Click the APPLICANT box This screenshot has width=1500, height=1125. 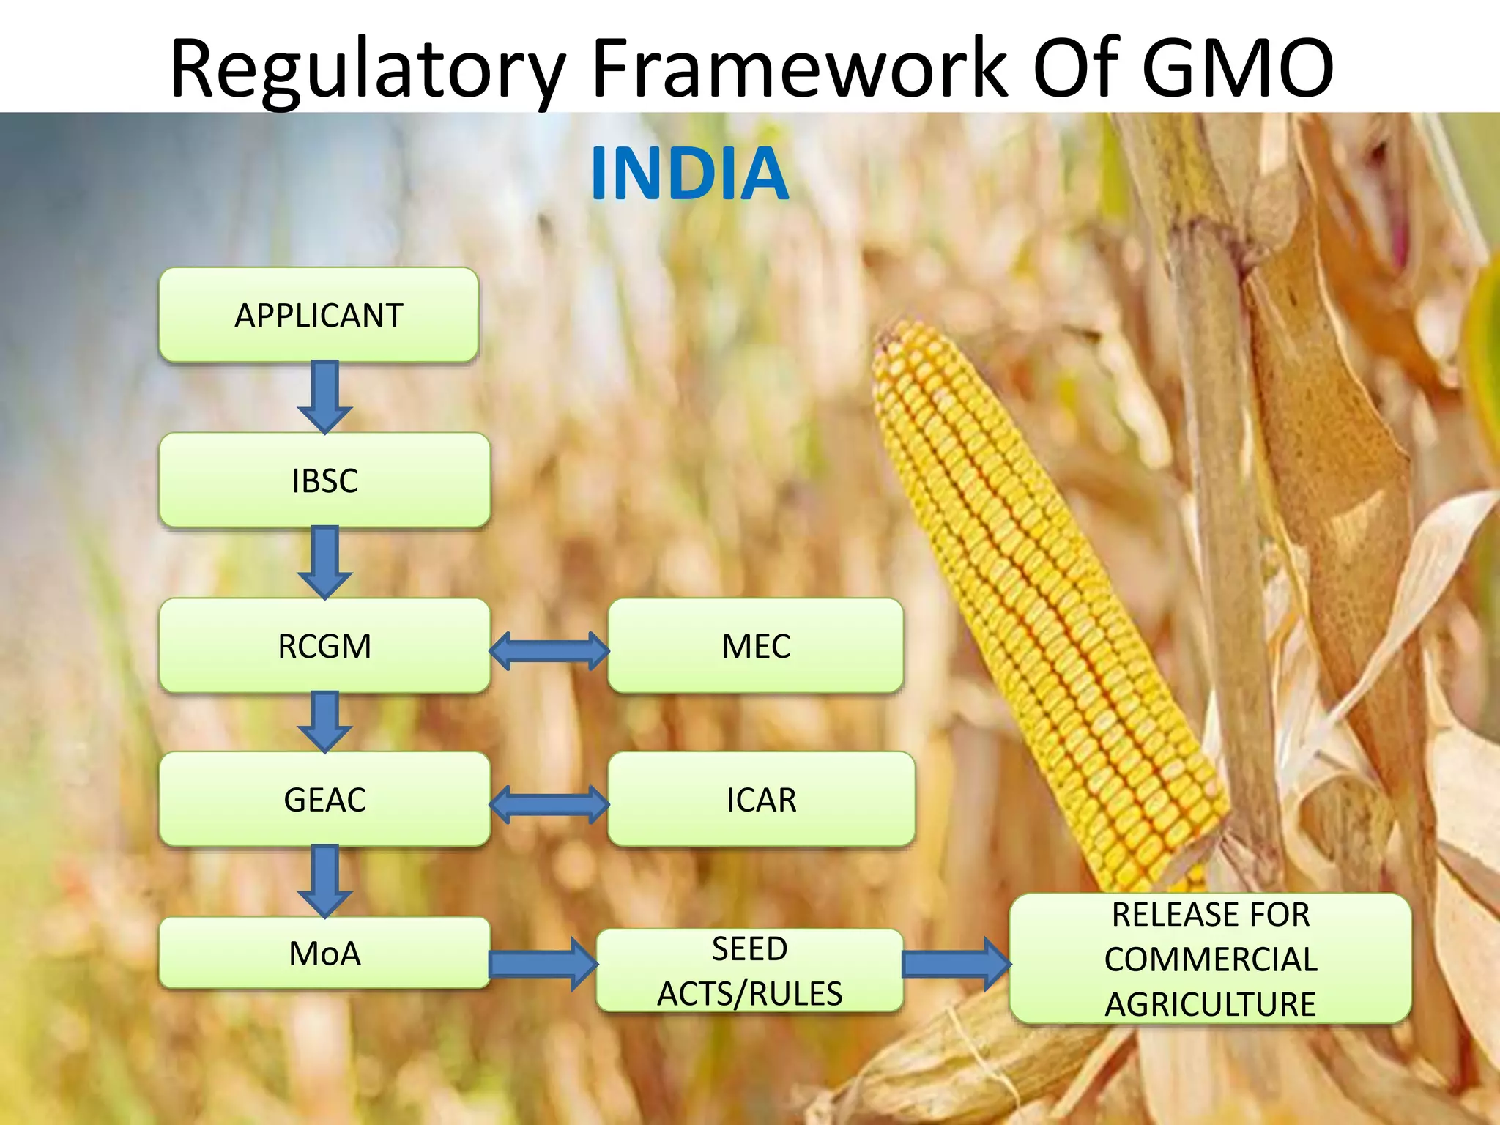point(319,315)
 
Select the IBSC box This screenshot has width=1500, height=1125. point(324,480)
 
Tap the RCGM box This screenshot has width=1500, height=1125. point(324,646)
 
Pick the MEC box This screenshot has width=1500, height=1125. point(755,646)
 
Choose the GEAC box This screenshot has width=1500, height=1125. point(324,799)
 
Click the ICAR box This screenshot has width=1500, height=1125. point(761,799)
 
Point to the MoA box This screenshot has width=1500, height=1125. point(324,953)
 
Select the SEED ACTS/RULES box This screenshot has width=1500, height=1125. point(749,971)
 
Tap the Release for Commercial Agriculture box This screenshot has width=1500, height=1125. point(1210,959)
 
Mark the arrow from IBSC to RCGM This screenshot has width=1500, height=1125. point(325,562)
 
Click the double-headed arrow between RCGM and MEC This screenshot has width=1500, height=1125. point(549,650)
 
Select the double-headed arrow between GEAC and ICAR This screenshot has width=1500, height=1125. point(549,804)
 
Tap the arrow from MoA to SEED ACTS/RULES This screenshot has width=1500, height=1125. point(543,964)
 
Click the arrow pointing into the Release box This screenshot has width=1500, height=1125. point(956,964)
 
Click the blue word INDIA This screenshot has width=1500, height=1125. point(689,174)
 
